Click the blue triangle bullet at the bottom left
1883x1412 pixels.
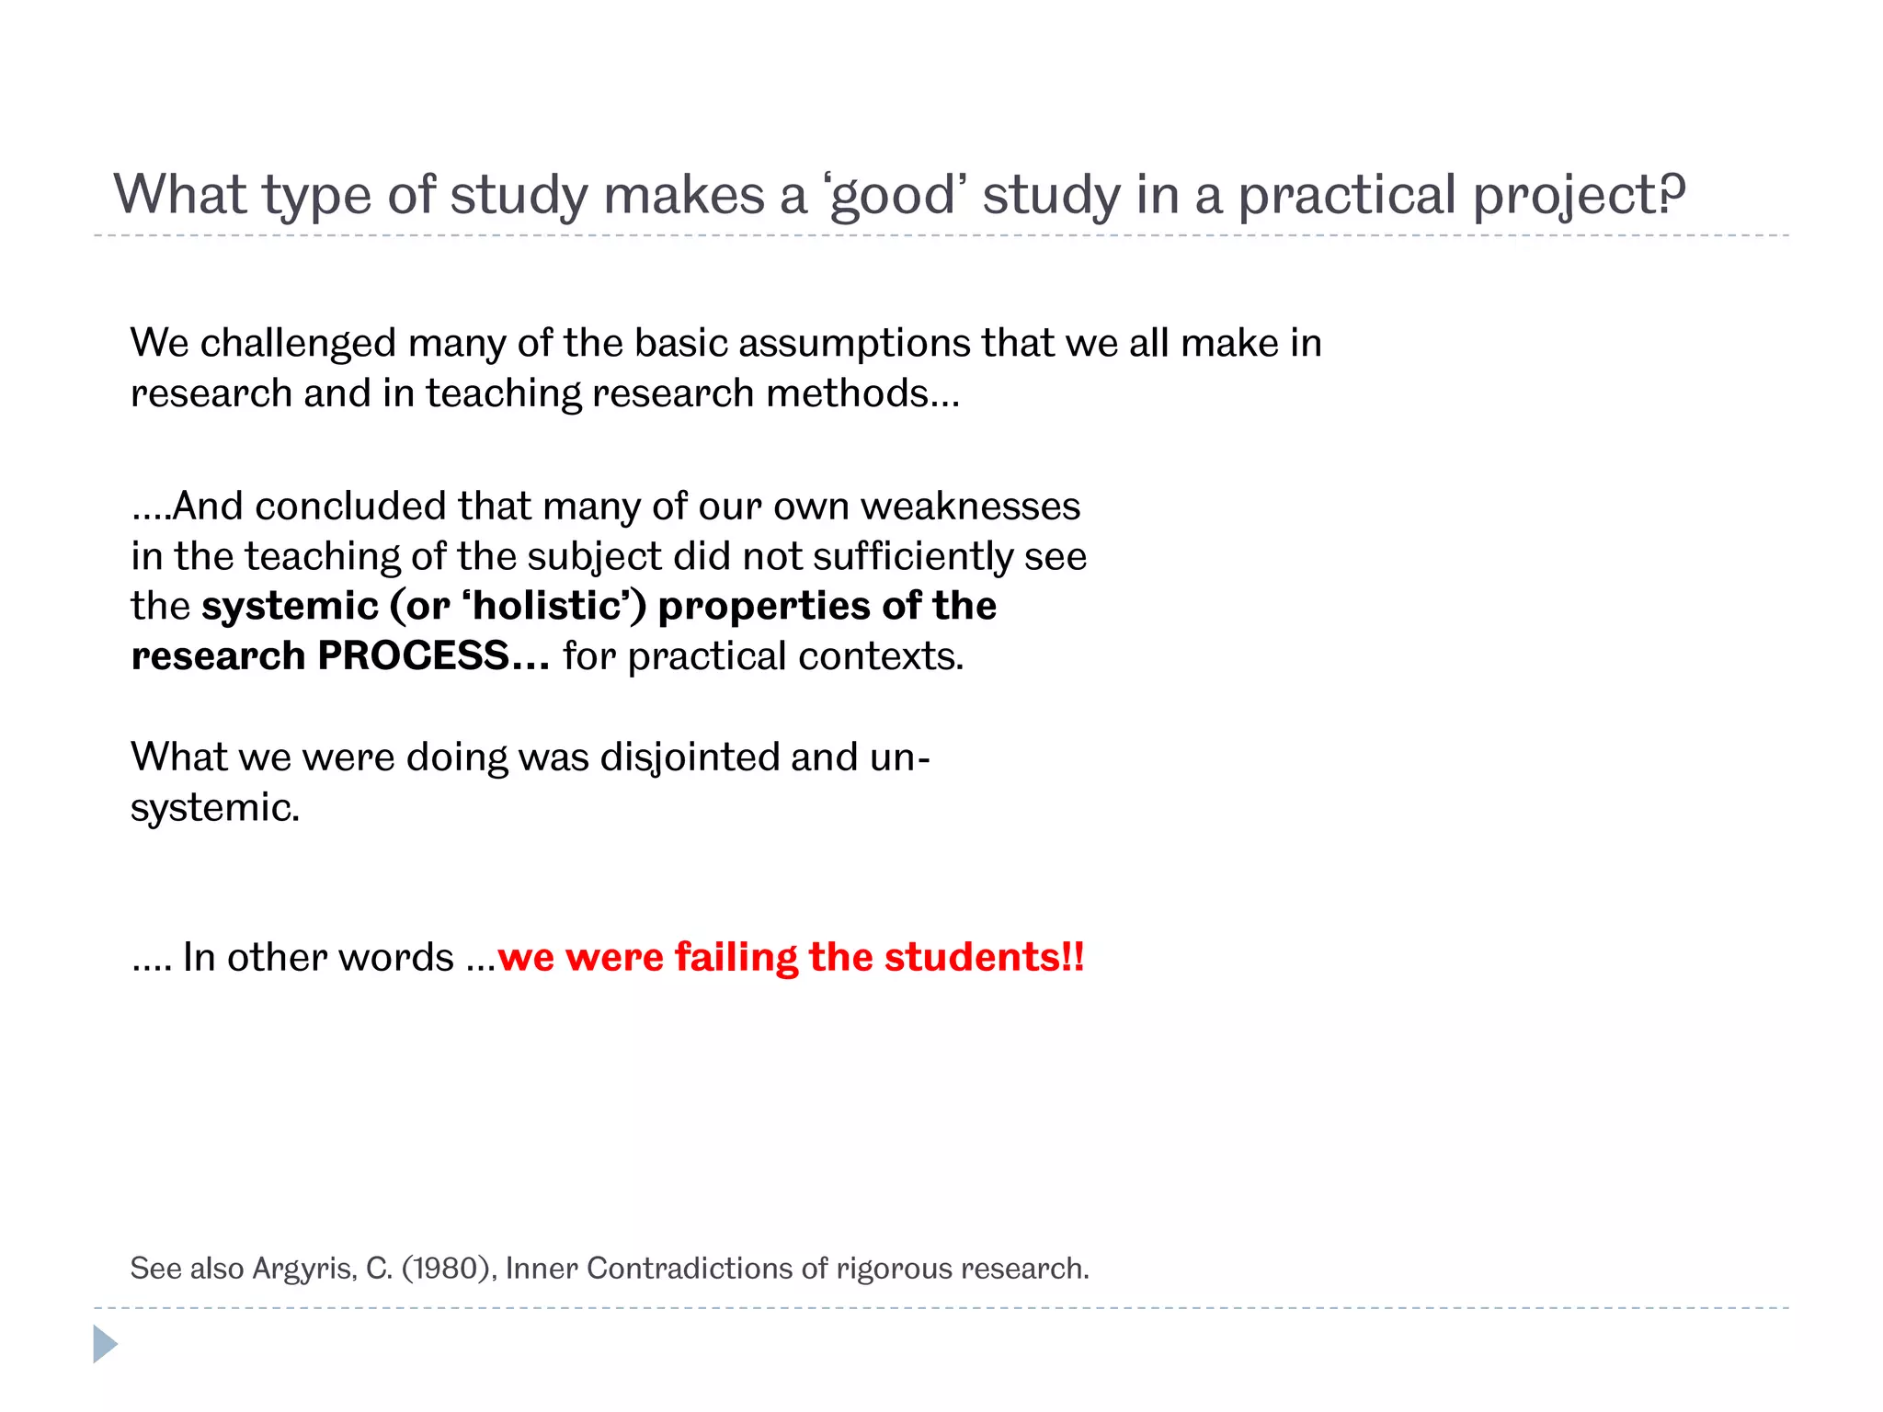pos(105,1344)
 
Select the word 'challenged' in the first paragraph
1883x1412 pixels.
pos(298,344)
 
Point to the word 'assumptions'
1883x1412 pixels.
pos(854,344)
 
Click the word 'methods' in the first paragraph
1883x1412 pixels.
pos(847,393)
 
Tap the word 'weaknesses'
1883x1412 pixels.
pos(970,507)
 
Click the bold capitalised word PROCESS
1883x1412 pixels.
pos(413,656)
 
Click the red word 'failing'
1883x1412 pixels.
pos(736,957)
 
